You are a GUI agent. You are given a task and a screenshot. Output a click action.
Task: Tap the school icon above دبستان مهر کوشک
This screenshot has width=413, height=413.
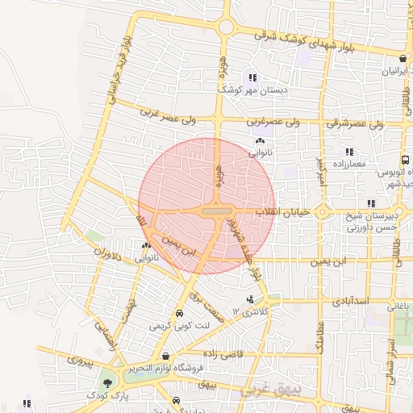pos(253,78)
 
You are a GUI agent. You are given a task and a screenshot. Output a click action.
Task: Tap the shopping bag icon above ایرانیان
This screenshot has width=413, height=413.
pos(403,58)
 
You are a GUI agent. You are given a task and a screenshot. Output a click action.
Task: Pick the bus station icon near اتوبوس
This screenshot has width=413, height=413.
pos(404,161)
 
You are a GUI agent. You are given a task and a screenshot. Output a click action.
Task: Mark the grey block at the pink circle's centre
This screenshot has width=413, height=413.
pos(215,211)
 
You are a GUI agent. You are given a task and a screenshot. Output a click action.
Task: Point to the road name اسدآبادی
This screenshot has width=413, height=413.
pos(348,300)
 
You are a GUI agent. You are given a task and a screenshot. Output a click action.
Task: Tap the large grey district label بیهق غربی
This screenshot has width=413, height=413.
pos(271,391)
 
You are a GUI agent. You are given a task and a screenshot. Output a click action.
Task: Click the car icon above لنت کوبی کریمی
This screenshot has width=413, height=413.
pos(178,314)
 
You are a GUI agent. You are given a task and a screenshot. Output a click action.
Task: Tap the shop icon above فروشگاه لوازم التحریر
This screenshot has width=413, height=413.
pos(165,356)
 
